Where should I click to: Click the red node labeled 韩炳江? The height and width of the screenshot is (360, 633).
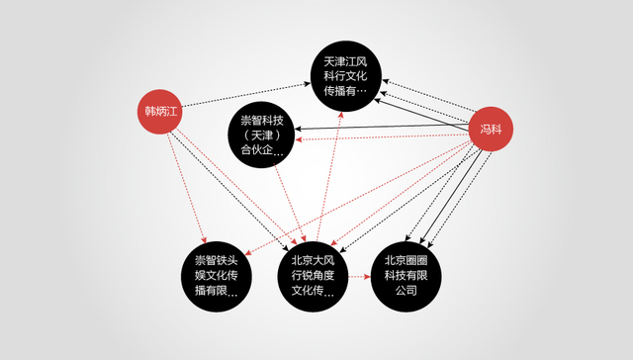tap(159, 111)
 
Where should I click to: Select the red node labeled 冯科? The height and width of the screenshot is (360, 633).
tap(491, 130)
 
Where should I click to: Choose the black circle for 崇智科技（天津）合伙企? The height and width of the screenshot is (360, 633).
tap(262, 135)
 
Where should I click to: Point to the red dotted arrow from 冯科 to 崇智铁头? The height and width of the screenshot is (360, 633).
tap(356, 198)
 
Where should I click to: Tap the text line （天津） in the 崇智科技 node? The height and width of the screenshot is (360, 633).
tap(263, 135)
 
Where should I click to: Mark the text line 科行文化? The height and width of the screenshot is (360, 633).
tap(344, 75)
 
